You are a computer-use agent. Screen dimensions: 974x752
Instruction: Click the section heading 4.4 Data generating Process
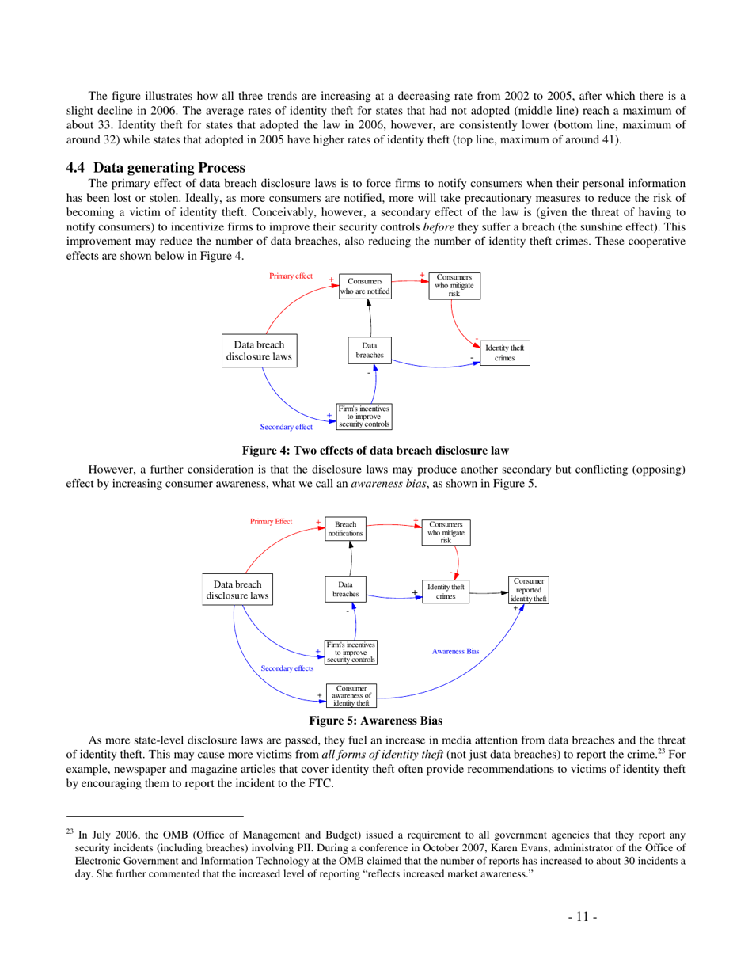point(155,167)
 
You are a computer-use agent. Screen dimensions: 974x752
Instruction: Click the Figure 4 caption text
point(375,451)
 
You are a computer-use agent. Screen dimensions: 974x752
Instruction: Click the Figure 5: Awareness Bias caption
point(375,720)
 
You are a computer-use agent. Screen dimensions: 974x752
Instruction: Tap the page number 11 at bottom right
point(582,917)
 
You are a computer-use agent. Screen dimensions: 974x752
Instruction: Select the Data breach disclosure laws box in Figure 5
point(237,590)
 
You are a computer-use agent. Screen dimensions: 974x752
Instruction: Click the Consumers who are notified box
point(365,286)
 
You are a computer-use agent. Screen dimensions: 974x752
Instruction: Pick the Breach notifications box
point(346,529)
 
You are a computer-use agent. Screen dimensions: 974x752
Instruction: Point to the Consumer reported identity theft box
point(529,590)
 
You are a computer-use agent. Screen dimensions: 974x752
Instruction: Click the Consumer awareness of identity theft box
point(351,695)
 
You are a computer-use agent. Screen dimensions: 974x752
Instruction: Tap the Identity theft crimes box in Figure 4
point(505,353)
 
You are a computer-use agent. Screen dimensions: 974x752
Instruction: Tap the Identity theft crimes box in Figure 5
point(446,592)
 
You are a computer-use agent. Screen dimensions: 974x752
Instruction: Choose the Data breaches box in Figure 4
point(370,350)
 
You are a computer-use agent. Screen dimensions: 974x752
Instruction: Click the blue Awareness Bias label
point(455,651)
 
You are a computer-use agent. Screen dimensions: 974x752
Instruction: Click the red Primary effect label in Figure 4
point(291,276)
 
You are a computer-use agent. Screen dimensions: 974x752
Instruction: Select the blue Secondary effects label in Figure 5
point(287,668)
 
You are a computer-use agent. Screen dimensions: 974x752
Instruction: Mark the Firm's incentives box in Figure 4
point(364,417)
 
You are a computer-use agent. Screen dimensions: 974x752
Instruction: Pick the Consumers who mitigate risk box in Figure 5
point(446,532)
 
